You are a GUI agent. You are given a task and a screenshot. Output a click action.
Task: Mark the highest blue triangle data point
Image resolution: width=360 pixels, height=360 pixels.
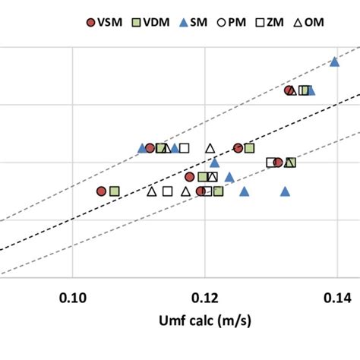334,62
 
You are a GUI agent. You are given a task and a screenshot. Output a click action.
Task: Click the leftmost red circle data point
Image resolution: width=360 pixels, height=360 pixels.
101,191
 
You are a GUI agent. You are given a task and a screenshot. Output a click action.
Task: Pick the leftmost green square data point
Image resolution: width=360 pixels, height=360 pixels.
114,191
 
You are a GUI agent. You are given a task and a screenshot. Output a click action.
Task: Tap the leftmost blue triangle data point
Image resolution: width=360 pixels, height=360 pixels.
142,147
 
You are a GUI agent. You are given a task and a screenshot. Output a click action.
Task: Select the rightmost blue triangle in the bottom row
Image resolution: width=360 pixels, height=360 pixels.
285,191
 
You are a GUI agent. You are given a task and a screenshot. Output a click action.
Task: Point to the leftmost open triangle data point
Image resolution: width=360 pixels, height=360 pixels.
151,191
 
